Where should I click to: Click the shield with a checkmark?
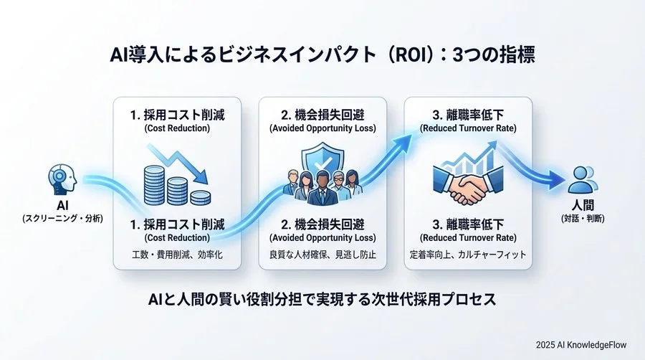[x=321, y=160]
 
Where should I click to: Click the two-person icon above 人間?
[x=582, y=179]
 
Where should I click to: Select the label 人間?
[x=583, y=205]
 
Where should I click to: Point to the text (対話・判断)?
[x=583, y=218]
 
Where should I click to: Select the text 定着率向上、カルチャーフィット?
[x=468, y=254]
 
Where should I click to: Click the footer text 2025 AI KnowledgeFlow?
[x=580, y=344]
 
